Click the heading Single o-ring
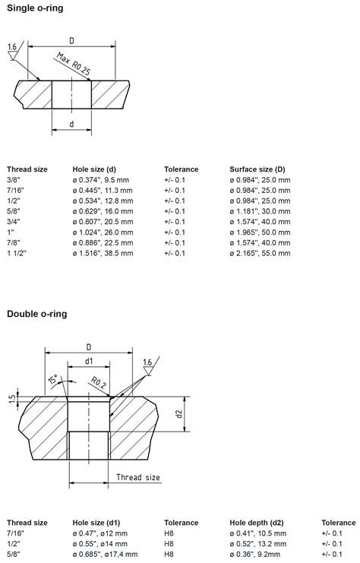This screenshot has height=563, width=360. (36, 8)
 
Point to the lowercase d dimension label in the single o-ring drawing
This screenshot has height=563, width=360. (71, 123)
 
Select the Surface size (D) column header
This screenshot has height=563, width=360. (257, 169)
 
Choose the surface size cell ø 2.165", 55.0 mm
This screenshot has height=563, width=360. (260, 253)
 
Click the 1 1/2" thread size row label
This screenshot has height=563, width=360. (17, 253)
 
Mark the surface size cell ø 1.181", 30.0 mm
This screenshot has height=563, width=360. (260, 211)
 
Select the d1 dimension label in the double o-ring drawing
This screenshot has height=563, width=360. (88, 361)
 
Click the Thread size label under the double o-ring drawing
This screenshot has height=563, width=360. (137, 477)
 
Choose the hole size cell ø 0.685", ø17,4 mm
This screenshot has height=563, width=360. (101, 555)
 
